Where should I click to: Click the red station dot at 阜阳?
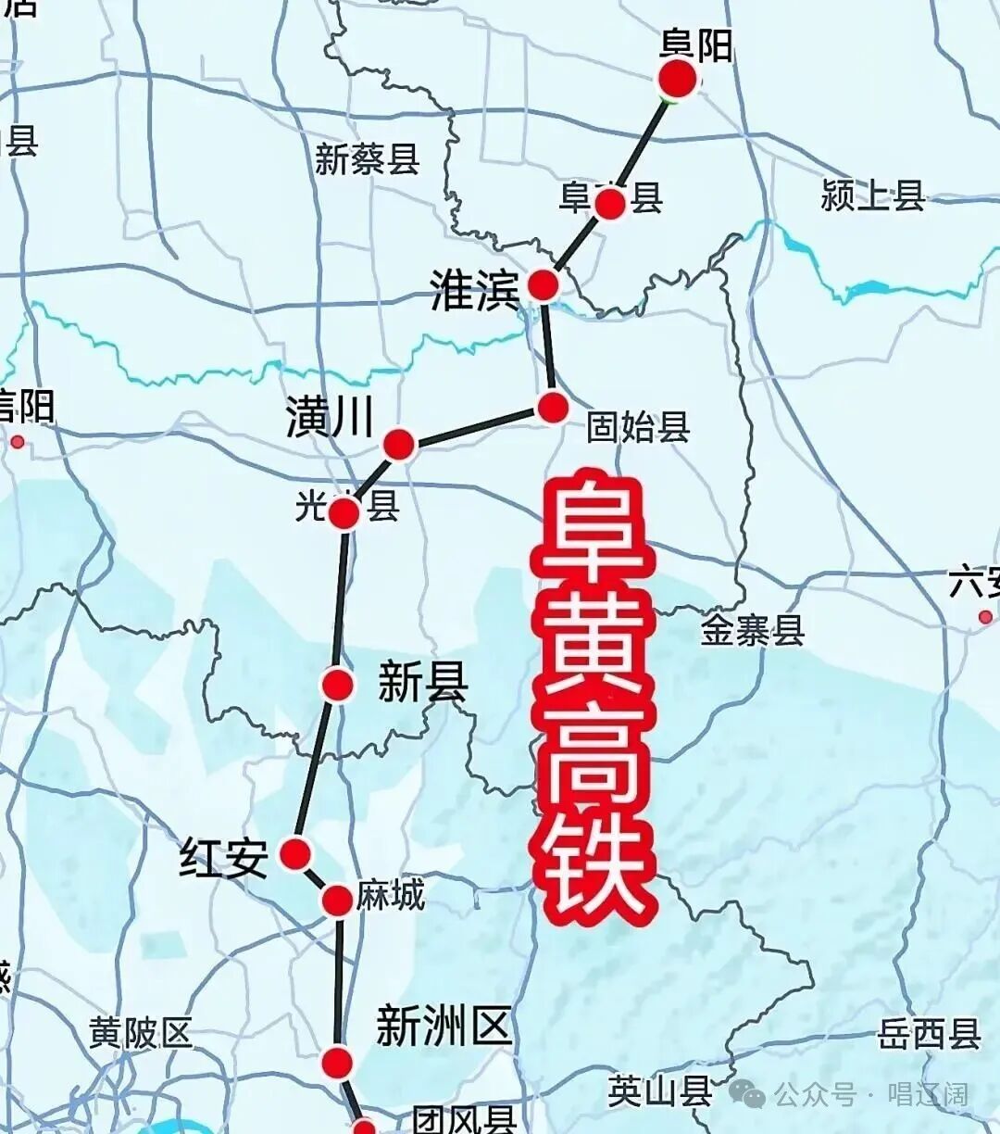(x=678, y=80)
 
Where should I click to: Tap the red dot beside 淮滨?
(x=543, y=284)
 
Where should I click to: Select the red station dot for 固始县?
(x=553, y=407)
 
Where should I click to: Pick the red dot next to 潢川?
(x=399, y=444)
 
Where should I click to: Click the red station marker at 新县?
(x=338, y=685)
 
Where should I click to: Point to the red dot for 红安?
(x=295, y=853)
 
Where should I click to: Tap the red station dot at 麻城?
(x=337, y=900)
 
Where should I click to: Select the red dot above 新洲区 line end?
(x=338, y=1062)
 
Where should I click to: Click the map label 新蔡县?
(x=367, y=159)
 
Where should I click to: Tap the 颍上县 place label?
(x=872, y=195)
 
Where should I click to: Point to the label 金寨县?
(x=752, y=631)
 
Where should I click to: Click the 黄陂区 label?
(x=141, y=1032)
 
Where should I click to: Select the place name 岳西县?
(x=929, y=1034)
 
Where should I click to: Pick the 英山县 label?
(x=659, y=1091)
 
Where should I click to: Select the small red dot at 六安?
(x=985, y=617)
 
